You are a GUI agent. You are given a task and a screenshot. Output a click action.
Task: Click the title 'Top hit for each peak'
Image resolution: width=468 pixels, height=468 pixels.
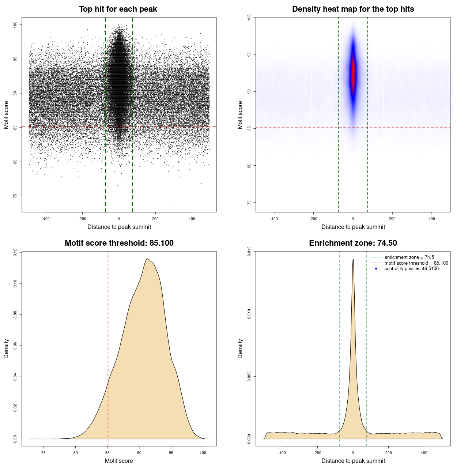point(118,9)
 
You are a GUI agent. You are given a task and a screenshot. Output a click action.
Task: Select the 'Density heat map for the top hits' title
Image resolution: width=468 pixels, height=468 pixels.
point(353,9)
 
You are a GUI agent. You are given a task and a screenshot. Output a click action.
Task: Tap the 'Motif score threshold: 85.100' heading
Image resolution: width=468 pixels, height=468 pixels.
point(119,243)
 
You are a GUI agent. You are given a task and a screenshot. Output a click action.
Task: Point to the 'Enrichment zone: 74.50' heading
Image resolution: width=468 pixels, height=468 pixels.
point(353,243)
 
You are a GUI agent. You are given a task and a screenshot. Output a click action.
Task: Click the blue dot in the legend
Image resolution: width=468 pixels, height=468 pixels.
point(376,269)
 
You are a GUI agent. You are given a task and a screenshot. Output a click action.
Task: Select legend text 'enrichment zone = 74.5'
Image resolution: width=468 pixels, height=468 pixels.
point(409,257)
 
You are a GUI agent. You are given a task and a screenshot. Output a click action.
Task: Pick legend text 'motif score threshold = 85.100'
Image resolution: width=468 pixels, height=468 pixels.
point(416,263)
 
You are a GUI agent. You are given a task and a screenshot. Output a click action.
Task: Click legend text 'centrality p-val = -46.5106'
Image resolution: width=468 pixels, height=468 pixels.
point(411,269)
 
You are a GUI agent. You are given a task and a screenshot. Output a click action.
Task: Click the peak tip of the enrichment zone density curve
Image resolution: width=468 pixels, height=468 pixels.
point(353,259)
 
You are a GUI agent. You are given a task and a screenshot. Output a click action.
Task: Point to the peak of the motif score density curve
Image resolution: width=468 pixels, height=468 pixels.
point(147,259)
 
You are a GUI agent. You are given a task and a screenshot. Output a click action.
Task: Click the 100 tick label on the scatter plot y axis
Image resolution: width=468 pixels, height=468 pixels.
point(15,24)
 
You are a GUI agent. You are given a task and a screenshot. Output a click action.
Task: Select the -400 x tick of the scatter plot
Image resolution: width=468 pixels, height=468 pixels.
point(46,219)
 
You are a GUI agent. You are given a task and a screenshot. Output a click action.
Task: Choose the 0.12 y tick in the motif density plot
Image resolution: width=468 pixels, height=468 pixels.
point(15,252)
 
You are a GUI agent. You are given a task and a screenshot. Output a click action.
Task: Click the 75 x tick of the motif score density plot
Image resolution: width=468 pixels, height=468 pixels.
point(44,453)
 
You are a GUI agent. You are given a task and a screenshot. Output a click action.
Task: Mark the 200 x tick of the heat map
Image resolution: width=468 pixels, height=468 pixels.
point(392,219)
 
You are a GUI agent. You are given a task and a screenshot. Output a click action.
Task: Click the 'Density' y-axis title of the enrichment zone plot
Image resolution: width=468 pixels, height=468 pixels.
point(240,348)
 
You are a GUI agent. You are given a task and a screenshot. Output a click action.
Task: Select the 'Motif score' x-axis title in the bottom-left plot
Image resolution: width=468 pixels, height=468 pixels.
point(119,461)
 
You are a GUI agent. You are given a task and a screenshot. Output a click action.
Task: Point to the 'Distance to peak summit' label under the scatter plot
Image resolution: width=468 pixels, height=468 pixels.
point(119,227)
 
